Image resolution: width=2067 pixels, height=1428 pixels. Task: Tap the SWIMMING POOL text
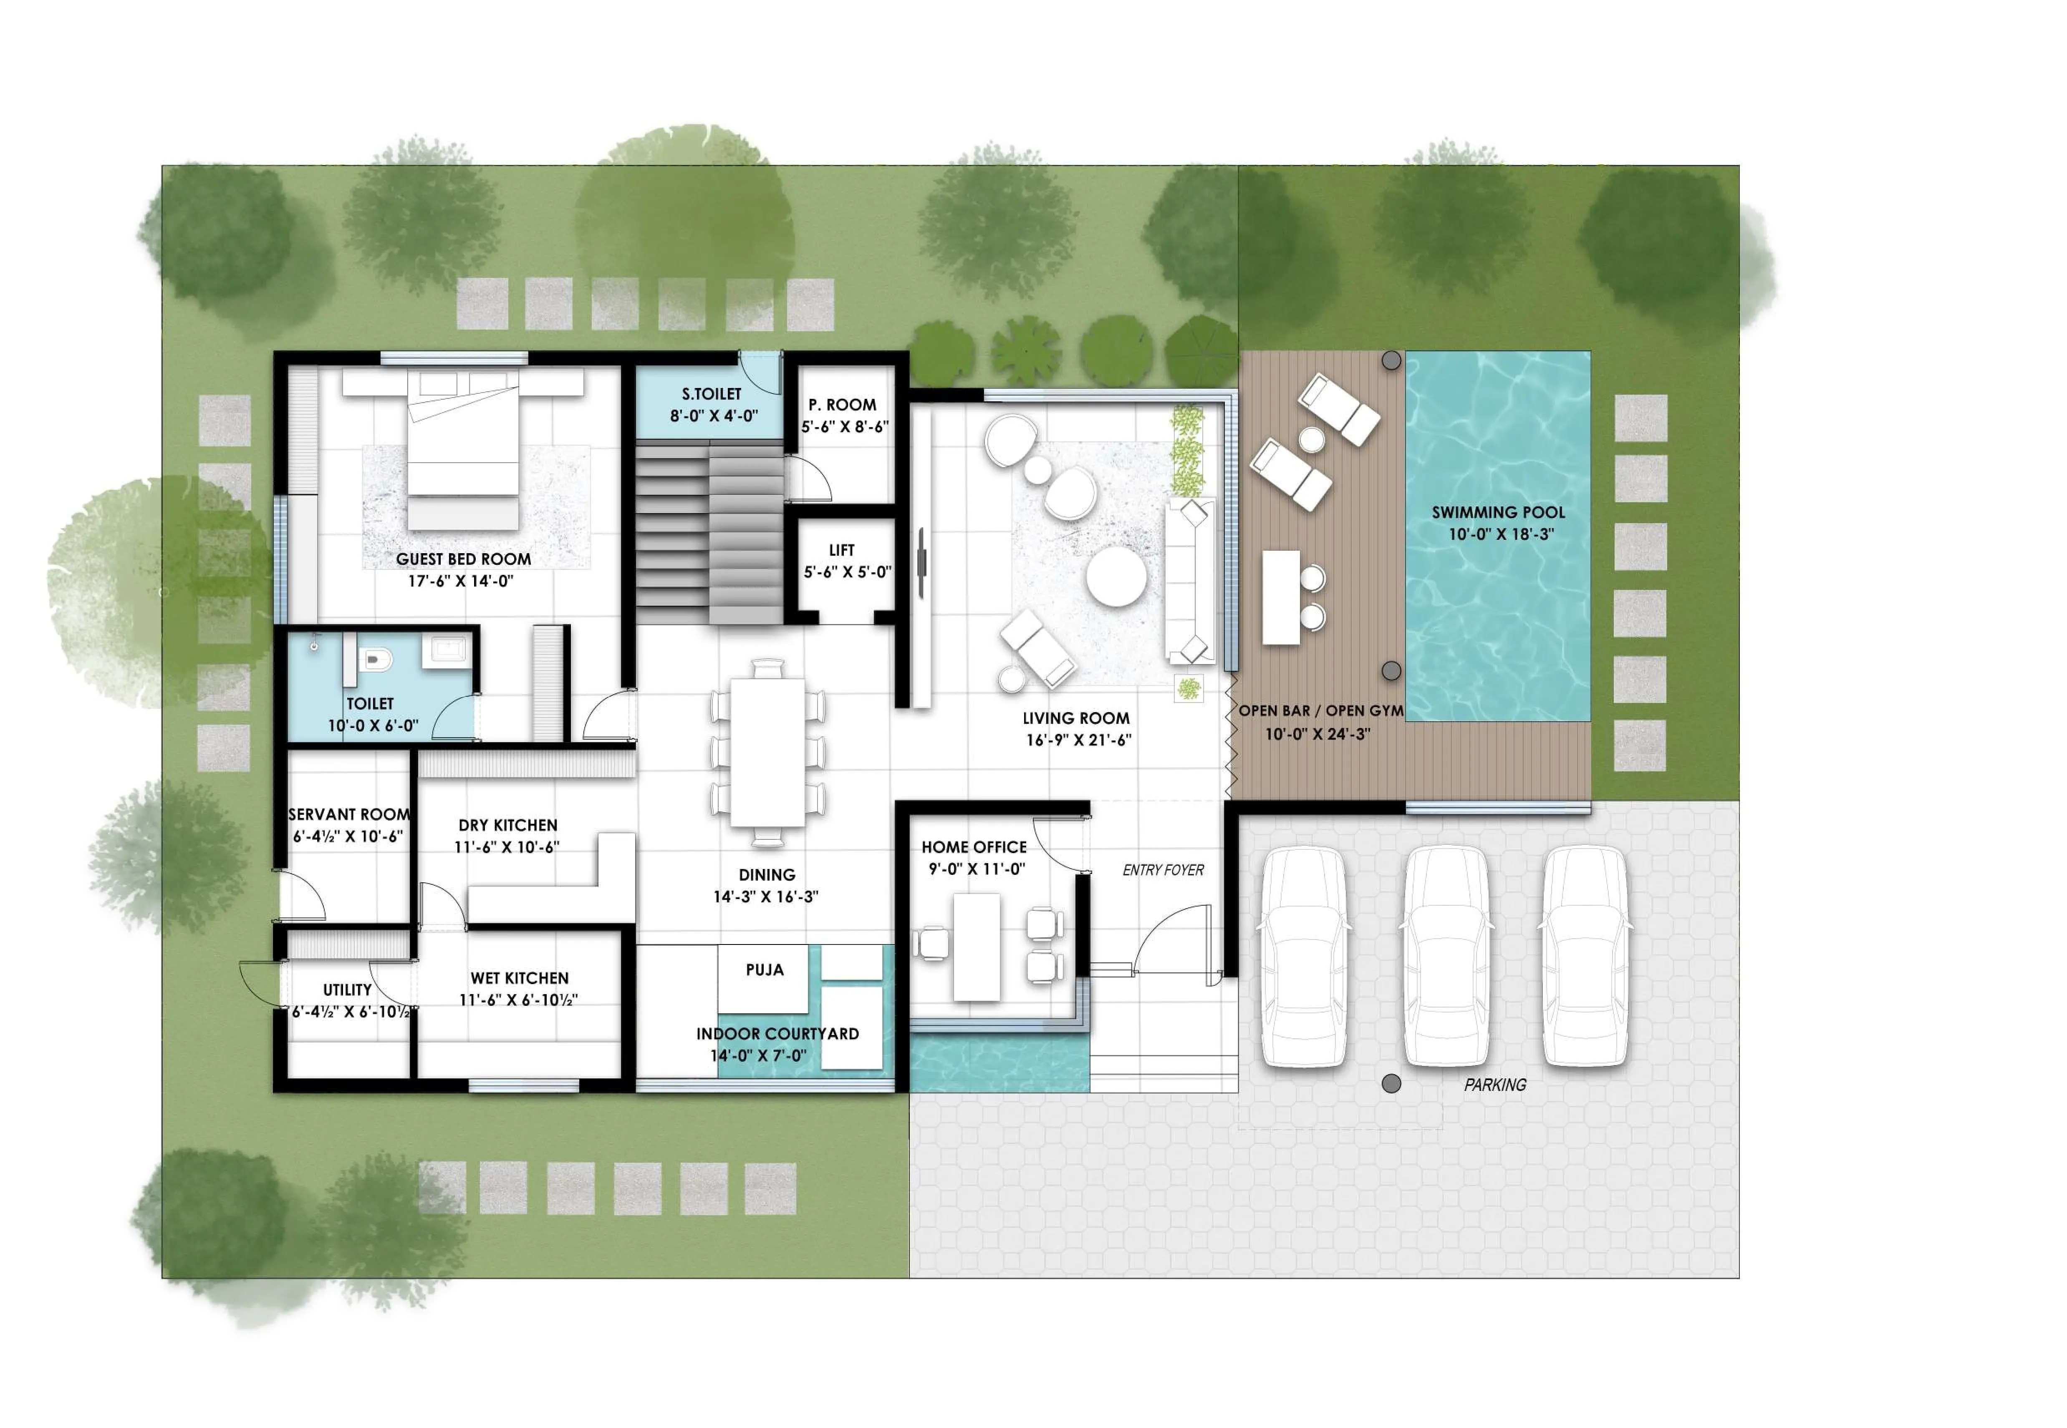pos(1498,513)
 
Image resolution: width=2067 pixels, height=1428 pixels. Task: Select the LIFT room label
pos(841,550)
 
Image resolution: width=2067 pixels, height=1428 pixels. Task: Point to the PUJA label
pos(764,970)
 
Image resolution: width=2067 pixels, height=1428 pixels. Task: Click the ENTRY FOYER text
pos(1162,870)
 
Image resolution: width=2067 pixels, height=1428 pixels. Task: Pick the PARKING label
pos(1494,1084)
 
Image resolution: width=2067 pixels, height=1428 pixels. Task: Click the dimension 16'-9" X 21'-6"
pos(1078,740)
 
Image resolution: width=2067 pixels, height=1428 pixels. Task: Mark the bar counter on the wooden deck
pos(1280,597)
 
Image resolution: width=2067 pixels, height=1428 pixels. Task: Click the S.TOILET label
pos(712,394)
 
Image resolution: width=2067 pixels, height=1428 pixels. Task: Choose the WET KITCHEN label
pos(519,978)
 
